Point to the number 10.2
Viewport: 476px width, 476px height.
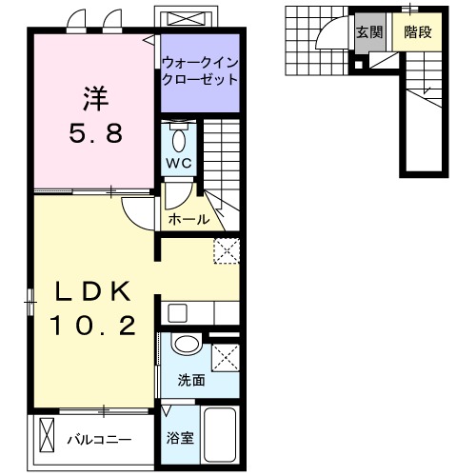[92, 327]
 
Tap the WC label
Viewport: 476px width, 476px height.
[180, 163]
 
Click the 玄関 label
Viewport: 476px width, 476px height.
[368, 31]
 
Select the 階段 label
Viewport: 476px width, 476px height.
[416, 31]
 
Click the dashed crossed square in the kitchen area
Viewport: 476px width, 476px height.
[227, 250]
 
